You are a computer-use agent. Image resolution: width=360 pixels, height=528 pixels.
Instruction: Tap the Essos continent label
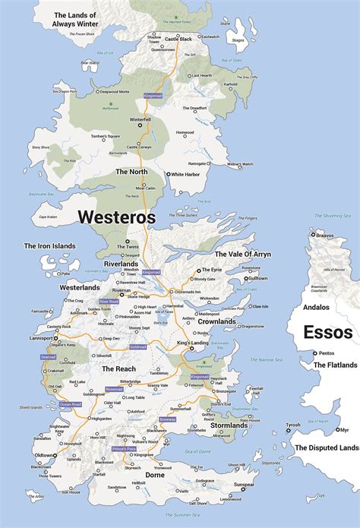click(327, 332)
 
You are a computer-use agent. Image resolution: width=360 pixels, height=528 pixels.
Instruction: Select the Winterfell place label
click(141, 119)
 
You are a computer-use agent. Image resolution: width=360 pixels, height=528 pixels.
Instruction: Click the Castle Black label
click(178, 38)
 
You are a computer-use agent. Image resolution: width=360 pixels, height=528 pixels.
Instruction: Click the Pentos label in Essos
click(327, 353)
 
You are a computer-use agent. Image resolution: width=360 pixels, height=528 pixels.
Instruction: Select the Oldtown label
click(45, 456)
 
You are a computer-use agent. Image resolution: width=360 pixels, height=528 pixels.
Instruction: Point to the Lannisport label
click(42, 338)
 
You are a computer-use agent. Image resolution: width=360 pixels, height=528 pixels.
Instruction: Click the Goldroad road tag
click(137, 347)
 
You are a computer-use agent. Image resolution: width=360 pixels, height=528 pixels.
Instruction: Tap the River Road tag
click(109, 302)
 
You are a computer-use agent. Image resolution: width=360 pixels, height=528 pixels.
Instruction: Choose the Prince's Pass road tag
click(124, 449)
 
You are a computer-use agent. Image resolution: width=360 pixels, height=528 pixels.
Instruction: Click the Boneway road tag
click(167, 419)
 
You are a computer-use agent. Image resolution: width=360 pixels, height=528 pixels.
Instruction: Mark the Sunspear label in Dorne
click(244, 484)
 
